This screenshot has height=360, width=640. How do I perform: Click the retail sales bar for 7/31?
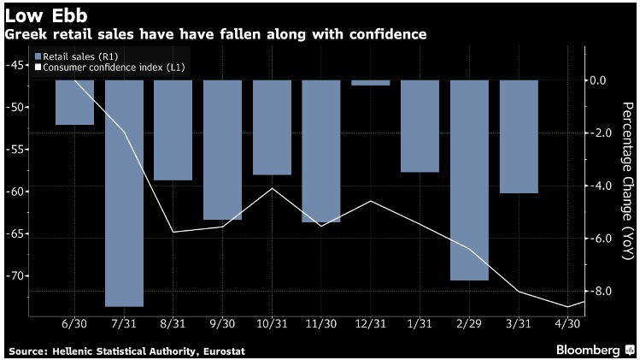point(124,193)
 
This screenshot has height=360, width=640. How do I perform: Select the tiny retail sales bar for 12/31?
point(371,83)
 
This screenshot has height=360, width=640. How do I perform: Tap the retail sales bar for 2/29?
point(469,180)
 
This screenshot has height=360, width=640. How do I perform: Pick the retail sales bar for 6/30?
point(74,102)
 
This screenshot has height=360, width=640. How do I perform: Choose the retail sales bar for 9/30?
point(223,150)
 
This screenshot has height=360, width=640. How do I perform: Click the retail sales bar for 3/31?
point(519,137)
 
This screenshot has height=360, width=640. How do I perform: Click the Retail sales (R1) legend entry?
point(76,56)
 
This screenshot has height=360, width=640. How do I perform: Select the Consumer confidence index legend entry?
point(109,68)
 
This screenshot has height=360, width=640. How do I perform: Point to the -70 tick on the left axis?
point(16,276)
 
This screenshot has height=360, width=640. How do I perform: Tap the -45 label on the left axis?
point(16,65)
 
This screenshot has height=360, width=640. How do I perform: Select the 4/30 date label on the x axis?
point(567,323)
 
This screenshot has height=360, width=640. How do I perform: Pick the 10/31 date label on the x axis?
point(272,323)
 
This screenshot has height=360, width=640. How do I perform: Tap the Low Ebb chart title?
point(46,16)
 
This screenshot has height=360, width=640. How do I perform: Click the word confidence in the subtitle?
point(388,34)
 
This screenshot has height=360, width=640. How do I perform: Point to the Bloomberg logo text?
point(588,351)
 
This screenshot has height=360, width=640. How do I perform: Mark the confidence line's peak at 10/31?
point(273,188)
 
